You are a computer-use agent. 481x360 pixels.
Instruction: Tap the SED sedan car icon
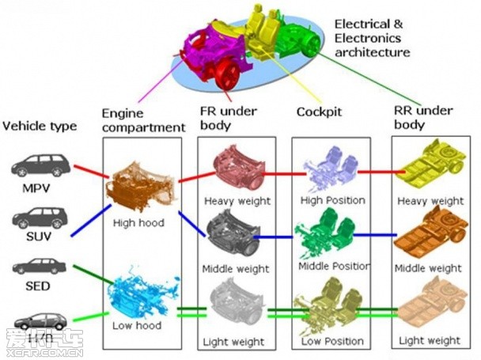36,268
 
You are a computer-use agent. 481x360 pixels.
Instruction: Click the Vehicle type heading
40,125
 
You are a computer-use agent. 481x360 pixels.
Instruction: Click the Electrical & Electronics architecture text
372,38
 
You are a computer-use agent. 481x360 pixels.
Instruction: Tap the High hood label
138,223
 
